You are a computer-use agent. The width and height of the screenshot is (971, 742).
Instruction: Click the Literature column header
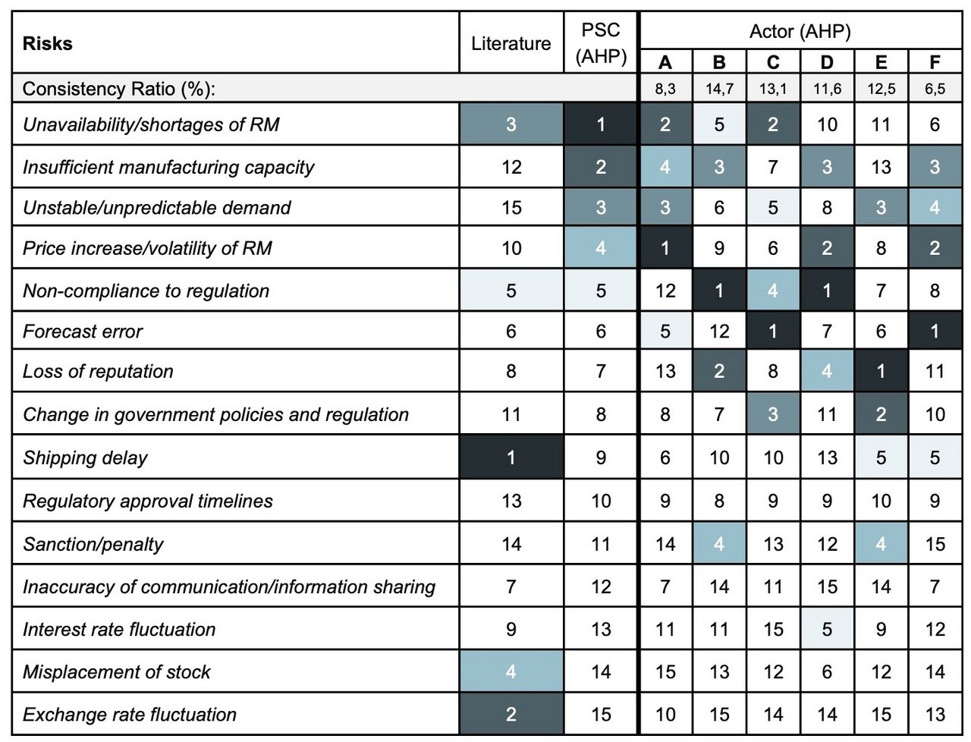[x=511, y=43]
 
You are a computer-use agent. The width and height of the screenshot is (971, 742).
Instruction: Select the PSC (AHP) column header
[x=601, y=43]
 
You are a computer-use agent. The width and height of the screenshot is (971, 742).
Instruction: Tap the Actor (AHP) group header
[x=800, y=31]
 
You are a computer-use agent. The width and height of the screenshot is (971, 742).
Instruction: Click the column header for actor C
[x=773, y=62]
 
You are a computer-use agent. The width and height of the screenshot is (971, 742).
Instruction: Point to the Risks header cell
[x=47, y=43]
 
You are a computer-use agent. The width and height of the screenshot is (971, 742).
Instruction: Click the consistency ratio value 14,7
[x=719, y=89]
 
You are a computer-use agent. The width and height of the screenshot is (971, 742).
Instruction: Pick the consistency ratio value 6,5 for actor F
[x=935, y=89]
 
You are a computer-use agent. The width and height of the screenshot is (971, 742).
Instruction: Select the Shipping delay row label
[x=85, y=457]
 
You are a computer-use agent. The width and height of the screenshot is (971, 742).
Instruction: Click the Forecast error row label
[x=83, y=332]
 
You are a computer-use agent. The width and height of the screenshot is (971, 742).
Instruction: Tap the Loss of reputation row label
[x=98, y=371]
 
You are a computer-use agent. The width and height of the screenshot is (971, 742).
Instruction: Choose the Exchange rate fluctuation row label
[x=130, y=714]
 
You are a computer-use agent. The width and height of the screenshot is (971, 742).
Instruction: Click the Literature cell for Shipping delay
[x=511, y=457]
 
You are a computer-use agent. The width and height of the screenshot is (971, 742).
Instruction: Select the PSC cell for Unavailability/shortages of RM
[x=601, y=124]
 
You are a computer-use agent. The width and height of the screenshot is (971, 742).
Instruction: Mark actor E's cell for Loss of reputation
[x=881, y=371]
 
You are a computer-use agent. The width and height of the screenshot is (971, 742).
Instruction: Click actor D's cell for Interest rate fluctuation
[x=827, y=629]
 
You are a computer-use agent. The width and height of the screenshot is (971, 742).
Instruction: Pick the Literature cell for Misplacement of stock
[x=511, y=671]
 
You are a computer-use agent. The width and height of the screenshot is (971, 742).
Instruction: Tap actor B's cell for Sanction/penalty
[x=719, y=544]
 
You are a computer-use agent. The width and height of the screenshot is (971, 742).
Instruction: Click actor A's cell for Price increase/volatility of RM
[x=665, y=248]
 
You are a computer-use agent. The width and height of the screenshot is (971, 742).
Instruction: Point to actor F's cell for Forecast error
[x=935, y=331]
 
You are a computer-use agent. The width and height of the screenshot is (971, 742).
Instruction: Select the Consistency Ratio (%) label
[x=119, y=89]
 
